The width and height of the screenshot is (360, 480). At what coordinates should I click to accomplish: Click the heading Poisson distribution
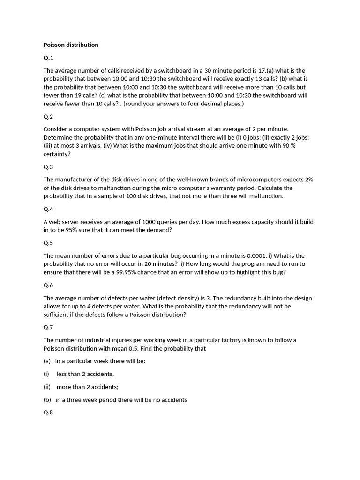pyautogui.click(x=71, y=45)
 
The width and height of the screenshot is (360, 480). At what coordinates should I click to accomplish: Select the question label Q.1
pyautogui.click(x=48, y=58)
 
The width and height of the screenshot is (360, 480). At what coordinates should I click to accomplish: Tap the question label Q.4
pyautogui.click(x=48, y=209)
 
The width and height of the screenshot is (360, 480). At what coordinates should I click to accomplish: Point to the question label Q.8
pyautogui.click(x=48, y=412)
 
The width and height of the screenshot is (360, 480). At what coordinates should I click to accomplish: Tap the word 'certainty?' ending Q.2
pyautogui.click(x=57, y=154)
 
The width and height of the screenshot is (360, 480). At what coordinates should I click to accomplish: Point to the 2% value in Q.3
pyautogui.click(x=309, y=180)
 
